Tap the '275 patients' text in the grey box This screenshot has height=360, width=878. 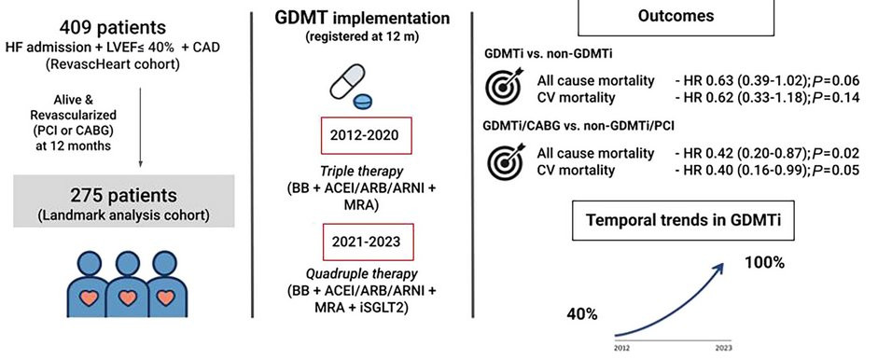pos(123,196)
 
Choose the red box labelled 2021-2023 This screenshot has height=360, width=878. pos(366,242)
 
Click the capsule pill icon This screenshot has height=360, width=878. pos(347,82)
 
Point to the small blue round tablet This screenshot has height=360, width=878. pos(362,102)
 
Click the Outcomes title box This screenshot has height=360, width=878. pos(676,17)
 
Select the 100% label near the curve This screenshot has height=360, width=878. pos(764,262)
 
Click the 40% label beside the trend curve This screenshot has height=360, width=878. pos(582,314)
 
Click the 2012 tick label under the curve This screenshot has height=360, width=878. pos(621,347)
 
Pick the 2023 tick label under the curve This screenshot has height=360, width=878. pos(723,347)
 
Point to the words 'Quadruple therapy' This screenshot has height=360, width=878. pos(361,275)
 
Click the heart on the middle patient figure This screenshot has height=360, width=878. pos(128,298)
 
